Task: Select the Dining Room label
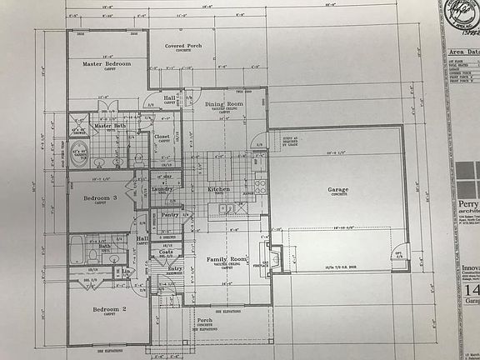coord(222,104)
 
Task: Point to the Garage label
coord(338,189)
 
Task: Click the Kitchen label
coord(218,189)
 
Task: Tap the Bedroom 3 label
coord(101,197)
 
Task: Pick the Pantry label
coord(170,215)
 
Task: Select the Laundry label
coord(162,189)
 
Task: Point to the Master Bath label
coord(109,126)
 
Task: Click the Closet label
coord(162,136)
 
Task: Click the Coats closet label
coord(167,252)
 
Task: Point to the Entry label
coord(175,268)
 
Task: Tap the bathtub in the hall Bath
coord(77,249)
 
